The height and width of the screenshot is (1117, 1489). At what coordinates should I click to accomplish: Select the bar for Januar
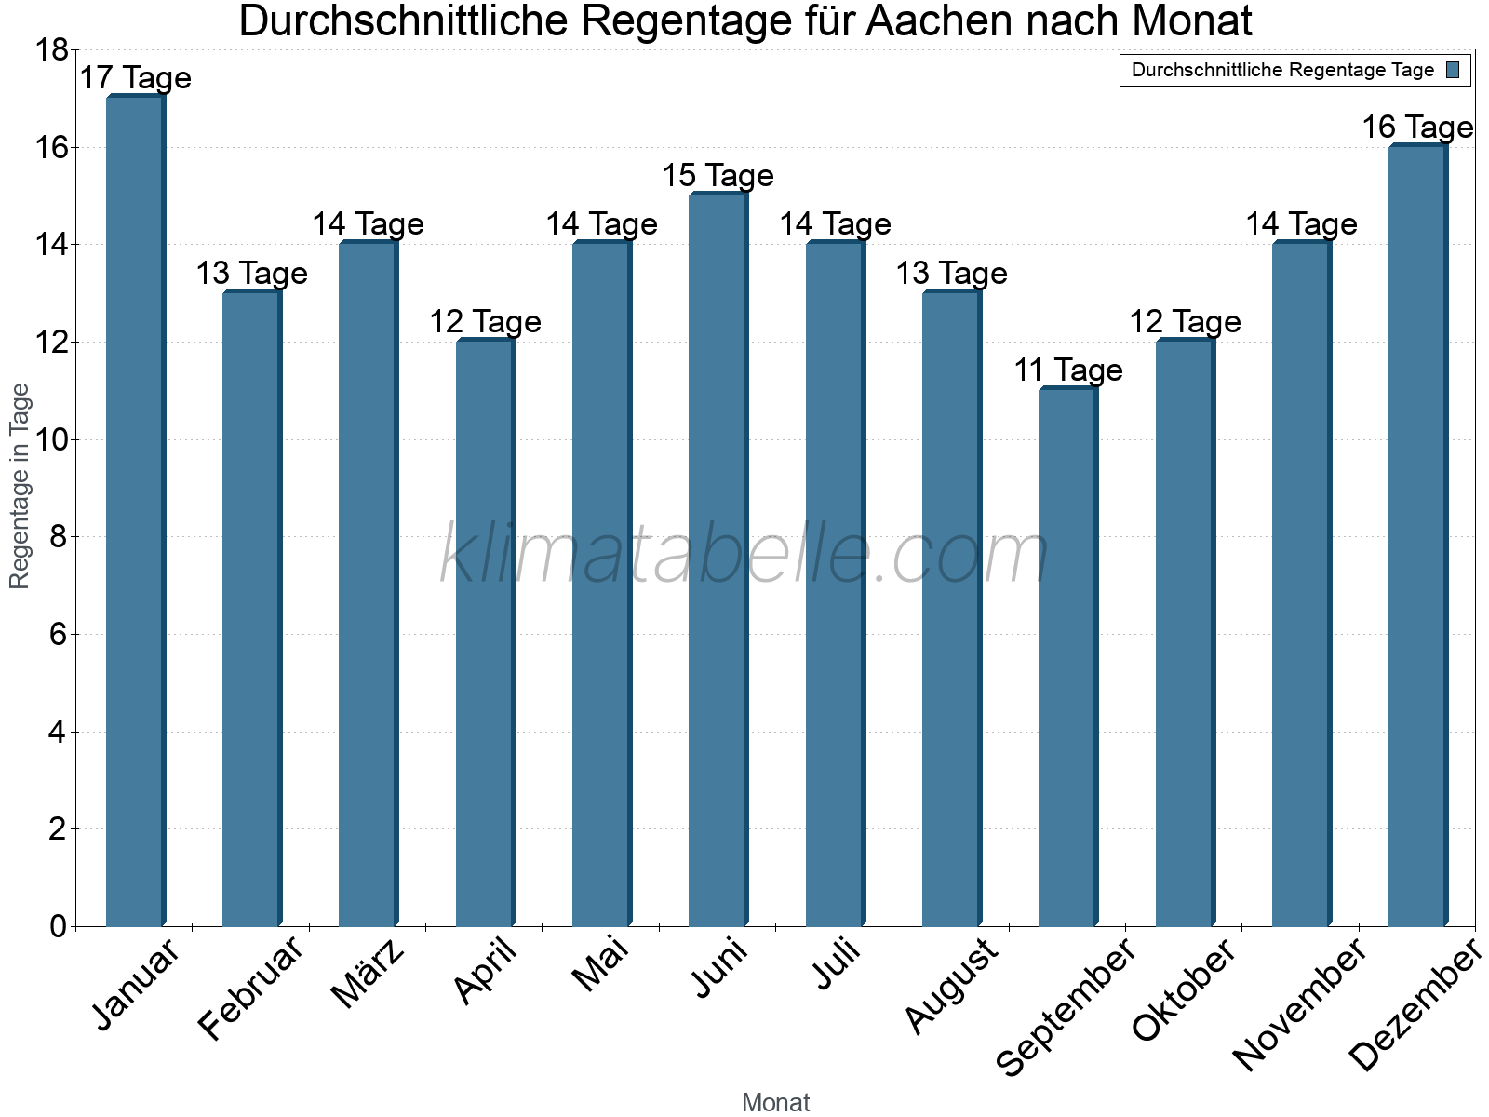(135, 512)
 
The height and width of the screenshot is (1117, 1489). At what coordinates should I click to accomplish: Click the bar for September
(1067, 656)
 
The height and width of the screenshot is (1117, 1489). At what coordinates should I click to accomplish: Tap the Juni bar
(718, 558)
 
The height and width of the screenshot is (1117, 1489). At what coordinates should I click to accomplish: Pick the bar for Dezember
(1417, 535)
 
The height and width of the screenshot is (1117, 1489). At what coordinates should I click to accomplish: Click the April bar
(485, 633)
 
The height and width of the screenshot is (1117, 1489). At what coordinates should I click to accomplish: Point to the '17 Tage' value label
(135, 78)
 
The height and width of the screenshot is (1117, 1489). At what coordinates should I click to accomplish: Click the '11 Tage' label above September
(1068, 370)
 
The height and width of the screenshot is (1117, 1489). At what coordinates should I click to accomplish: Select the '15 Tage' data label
(718, 176)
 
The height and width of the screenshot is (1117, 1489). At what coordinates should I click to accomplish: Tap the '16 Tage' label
(1417, 128)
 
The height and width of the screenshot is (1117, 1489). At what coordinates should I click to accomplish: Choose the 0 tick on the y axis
(58, 926)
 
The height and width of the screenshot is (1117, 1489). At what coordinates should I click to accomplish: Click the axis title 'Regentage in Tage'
(20, 486)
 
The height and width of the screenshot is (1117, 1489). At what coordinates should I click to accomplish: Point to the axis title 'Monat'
(775, 1103)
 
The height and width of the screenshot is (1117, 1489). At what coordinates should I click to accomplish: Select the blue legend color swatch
(1453, 70)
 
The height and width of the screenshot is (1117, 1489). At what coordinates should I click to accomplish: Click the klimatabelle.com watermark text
(744, 556)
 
